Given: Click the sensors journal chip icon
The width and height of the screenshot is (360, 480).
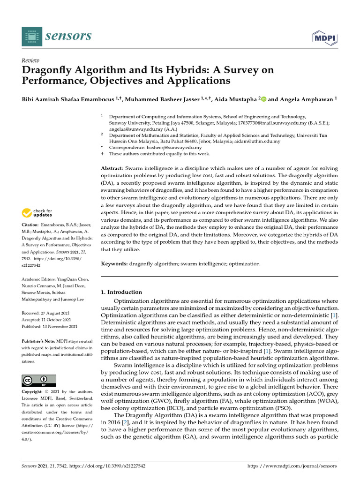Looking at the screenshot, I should click(x=32, y=37).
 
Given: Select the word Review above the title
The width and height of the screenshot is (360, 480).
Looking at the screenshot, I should click(x=31, y=60).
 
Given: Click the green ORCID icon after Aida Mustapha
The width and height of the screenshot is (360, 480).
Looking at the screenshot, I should click(x=263, y=99).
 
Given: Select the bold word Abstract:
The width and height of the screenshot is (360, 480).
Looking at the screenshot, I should click(x=112, y=168).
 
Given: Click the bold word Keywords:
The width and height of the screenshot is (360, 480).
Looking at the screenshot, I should click(x=114, y=264).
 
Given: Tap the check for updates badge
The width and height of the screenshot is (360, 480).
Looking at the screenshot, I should click(x=37, y=213).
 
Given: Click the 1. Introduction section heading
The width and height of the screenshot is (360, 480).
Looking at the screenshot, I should click(x=121, y=292).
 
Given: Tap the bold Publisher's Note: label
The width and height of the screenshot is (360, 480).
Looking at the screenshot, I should click(x=39, y=341).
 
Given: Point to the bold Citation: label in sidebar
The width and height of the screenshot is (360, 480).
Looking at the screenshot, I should click(x=32, y=225).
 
